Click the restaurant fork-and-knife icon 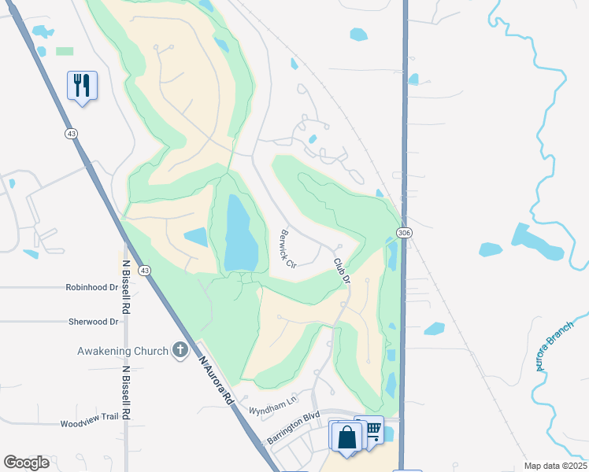coord(82,84)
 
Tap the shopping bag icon coord(346,436)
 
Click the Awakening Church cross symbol coord(180,350)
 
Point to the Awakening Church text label coord(122,351)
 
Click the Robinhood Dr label coord(91,288)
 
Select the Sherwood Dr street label coord(92,322)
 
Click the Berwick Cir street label coord(287,248)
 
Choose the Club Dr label coord(340,270)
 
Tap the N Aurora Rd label coord(217,382)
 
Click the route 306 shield coord(404,234)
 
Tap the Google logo coord(27,463)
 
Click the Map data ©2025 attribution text coord(556,466)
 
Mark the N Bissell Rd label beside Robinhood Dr coord(125,288)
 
